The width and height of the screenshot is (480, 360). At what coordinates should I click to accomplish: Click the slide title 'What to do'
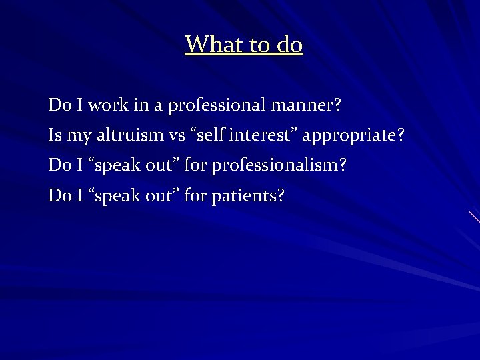tap(244, 45)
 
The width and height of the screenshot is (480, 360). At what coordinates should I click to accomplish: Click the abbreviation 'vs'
tap(177, 136)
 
